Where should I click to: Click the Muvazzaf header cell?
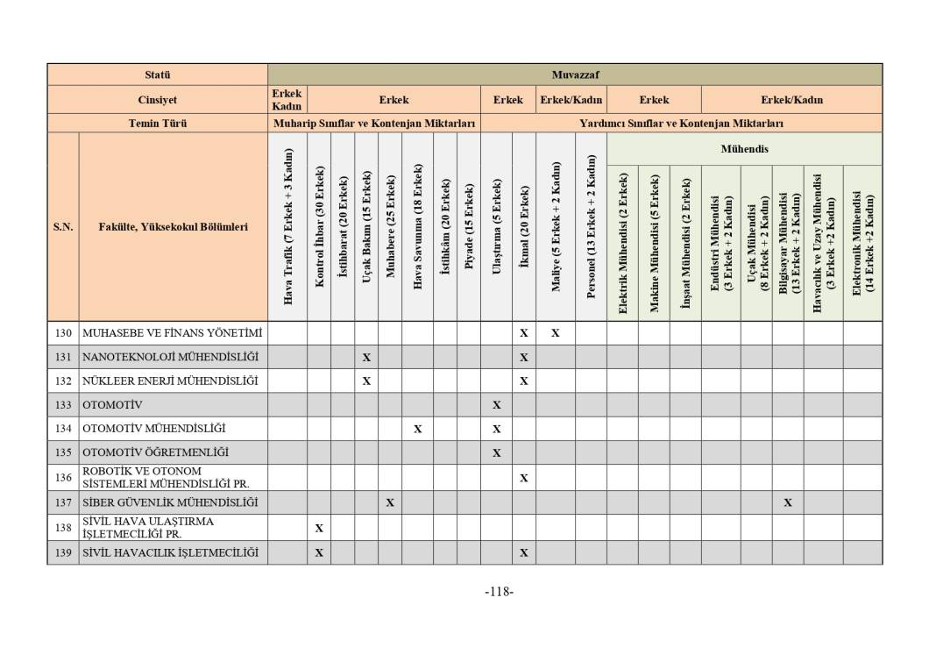coord(575,75)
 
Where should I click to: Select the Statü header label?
coord(158,75)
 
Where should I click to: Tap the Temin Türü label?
coord(158,124)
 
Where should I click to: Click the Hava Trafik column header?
coord(287,227)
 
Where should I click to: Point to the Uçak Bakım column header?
coord(366,227)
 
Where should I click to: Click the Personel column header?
coord(591,227)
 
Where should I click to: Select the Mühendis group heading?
coord(744,149)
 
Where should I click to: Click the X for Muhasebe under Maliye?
coord(556,333)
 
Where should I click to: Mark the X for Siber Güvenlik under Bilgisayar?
coord(788,502)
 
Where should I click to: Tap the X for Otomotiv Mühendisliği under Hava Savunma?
coord(418,429)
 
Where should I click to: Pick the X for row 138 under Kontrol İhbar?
coord(319,528)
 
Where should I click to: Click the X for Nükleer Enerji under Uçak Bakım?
coord(366,381)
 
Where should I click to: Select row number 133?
coord(63,405)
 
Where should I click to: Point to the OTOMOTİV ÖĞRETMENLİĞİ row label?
coord(155,452)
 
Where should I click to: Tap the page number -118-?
coord(499,592)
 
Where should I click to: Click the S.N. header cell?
coord(63,227)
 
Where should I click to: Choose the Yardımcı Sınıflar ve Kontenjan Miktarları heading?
coord(681,124)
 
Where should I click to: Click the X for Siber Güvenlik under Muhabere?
coord(390,502)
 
